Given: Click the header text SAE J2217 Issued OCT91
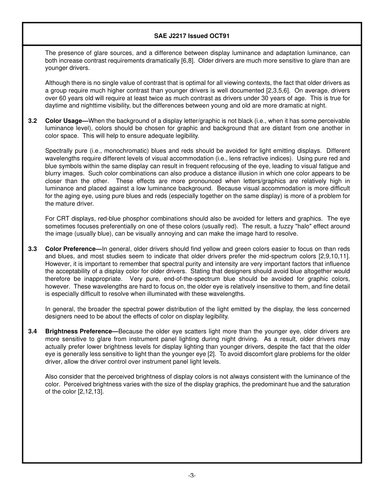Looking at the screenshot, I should click(192, 36).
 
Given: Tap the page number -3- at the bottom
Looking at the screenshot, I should click(192, 476).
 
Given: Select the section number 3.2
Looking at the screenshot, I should click(33, 121).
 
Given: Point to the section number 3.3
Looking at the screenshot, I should click(33, 249).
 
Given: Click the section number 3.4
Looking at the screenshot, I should click(33, 332).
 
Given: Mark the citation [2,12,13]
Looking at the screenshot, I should click(91, 392).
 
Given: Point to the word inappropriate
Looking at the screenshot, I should click(98, 279).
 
